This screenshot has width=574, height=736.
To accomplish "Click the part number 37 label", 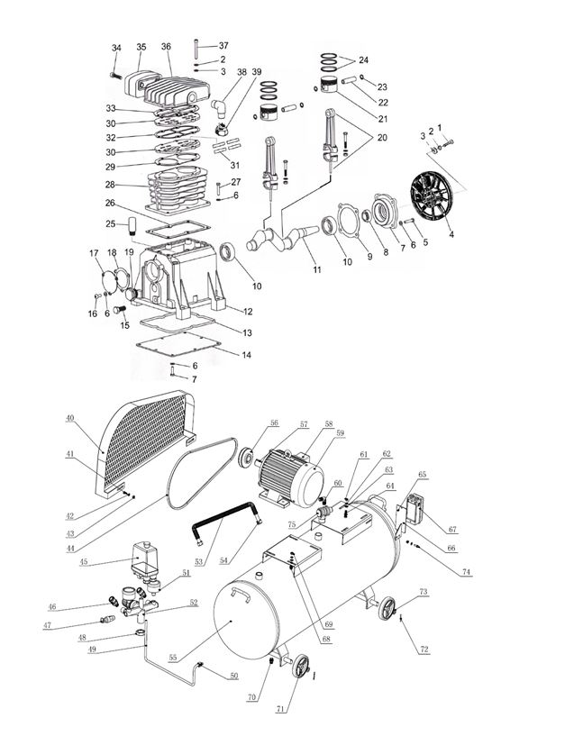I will [223, 46].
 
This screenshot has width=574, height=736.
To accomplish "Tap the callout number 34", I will [116, 48].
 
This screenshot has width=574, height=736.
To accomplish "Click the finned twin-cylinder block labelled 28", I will [176, 187].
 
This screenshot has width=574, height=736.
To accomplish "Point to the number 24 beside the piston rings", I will [363, 60].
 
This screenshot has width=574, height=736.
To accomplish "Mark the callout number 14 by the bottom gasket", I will [246, 355].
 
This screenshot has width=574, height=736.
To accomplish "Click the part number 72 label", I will [424, 649].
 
